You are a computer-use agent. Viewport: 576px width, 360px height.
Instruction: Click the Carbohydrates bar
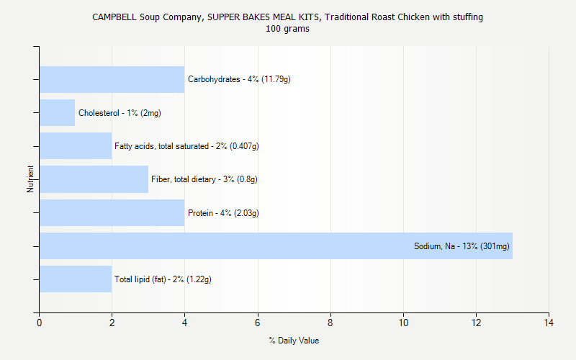pyautogui.click(x=112, y=79)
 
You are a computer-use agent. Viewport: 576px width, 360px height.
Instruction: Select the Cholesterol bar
pyautogui.click(x=57, y=113)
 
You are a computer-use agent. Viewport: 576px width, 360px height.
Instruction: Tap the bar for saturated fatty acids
pyautogui.click(x=76, y=146)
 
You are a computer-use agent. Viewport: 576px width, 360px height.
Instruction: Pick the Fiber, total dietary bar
pyautogui.click(x=94, y=179)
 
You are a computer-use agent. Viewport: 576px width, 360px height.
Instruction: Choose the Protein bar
pyautogui.click(x=112, y=212)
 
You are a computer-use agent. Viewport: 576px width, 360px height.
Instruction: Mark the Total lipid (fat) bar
pyautogui.click(x=76, y=279)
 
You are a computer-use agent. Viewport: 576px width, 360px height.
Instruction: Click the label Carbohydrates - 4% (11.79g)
pyautogui.click(x=239, y=79)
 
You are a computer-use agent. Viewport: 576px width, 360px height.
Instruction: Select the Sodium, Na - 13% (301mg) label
pyautogui.click(x=462, y=246)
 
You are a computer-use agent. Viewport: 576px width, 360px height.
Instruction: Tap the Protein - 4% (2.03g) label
pyautogui.click(x=223, y=212)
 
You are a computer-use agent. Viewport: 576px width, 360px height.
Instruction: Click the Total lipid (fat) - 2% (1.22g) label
pyautogui.click(x=163, y=279)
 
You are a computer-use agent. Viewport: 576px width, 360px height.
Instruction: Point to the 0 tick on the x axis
pyautogui.click(x=39, y=322)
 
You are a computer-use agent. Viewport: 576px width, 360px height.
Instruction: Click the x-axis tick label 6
pyautogui.click(x=258, y=322)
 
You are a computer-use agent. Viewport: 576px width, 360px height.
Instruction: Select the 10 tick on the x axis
pyautogui.click(x=403, y=322)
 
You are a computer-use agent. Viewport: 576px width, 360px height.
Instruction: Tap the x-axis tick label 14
pyautogui.click(x=549, y=322)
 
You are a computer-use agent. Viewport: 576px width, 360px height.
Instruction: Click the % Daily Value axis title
pyautogui.click(x=294, y=341)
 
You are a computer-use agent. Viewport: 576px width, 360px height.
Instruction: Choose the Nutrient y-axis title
pyautogui.click(x=30, y=179)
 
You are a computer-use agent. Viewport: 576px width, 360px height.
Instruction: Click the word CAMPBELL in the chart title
pyautogui.click(x=112, y=17)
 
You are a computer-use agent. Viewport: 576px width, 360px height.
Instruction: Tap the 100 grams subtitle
pyautogui.click(x=287, y=29)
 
